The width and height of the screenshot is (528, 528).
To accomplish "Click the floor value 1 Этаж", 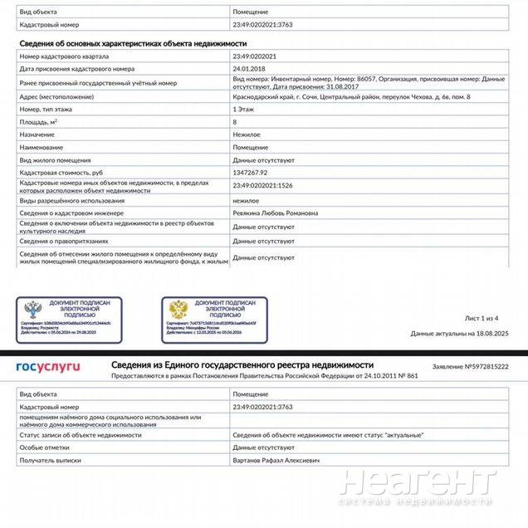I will pos(243,109).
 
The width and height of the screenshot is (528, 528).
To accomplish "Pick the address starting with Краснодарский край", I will pos(351,97).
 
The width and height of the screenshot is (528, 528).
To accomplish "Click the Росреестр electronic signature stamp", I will pos(68,320).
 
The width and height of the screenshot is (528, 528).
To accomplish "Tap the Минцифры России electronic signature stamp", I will pos(214,320).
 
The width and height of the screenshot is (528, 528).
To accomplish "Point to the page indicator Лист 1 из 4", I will pos(481,318).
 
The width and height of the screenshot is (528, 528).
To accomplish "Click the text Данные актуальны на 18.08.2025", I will pos(459,333).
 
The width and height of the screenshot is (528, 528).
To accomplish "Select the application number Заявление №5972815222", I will pos(470,366).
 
